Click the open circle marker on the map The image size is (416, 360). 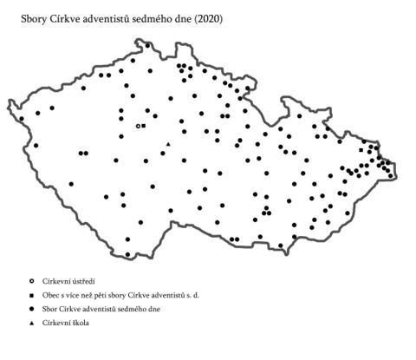point(137,126)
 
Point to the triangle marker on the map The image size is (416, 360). point(168,144)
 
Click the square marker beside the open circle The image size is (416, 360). point(143,126)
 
